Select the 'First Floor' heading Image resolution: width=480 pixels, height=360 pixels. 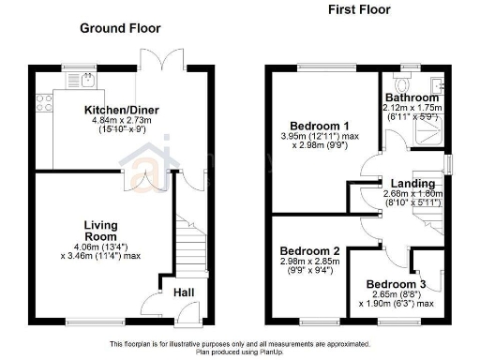click(x=359, y=10)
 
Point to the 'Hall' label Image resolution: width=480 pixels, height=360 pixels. click(x=184, y=293)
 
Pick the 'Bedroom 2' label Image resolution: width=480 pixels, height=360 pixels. click(x=309, y=251)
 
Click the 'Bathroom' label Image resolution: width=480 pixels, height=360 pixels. click(x=412, y=97)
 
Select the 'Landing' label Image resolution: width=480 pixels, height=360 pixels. click(x=412, y=183)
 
